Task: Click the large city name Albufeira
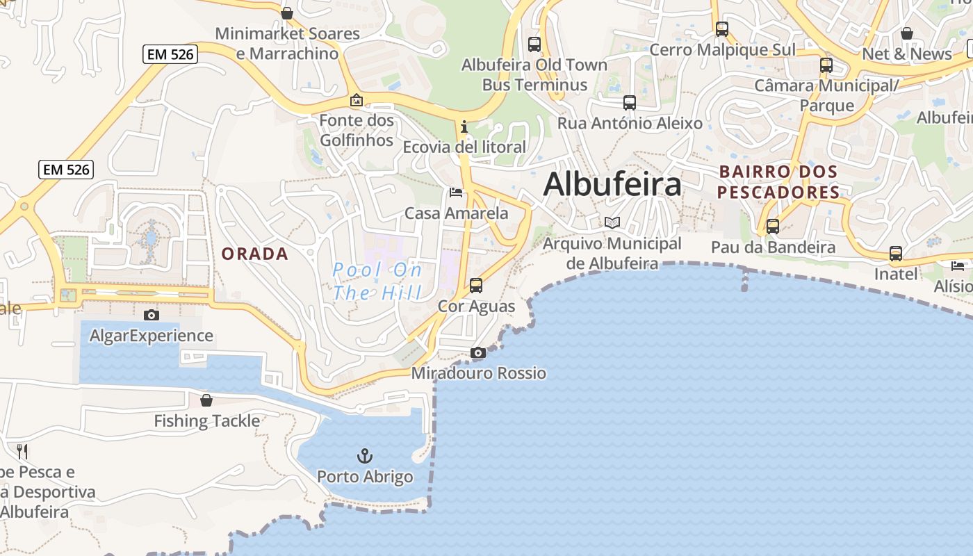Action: click(x=612, y=185)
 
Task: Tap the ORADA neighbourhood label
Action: click(x=254, y=254)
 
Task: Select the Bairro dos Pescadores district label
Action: click(x=778, y=181)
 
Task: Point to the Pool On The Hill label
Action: click(x=377, y=281)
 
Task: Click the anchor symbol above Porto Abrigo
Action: click(x=365, y=456)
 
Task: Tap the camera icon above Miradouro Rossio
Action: click(x=478, y=353)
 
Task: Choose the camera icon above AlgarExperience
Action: click(x=151, y=316)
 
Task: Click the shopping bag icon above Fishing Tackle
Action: click(x=206, y=400)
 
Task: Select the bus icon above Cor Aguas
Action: click(x=476, y=285)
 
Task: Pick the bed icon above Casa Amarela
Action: click(x=456, y=193)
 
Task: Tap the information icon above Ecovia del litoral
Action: click(x=464, y=127)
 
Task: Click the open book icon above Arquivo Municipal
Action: click(x=612, y=223)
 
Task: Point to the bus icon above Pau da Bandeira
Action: click(x=773, y=227)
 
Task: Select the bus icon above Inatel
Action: click(x=896, y=254)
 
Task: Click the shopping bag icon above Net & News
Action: click(x=907, y=33)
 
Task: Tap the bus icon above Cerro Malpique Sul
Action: click(x=722, y=29)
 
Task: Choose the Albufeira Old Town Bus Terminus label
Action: click(x=534, y=75)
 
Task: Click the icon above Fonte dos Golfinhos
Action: click(x=357, y=101)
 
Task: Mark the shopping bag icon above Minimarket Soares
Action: click(x=287, y=13)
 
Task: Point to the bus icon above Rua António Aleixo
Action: click(x=630, y=103)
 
